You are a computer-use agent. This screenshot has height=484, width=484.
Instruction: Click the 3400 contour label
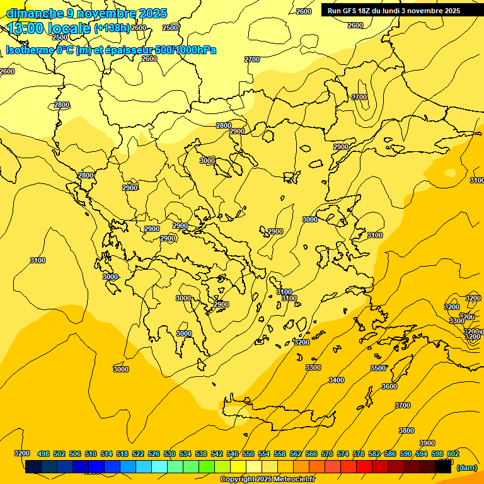click(x=337, y=380)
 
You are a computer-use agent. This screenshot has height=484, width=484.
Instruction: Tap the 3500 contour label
click(x=377, y=368)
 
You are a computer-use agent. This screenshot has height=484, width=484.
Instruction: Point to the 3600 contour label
click(x=389, y=386)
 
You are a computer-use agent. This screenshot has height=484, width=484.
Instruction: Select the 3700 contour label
click(x=402, y=405)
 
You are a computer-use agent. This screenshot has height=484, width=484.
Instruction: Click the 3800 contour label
click(x=406, y=430)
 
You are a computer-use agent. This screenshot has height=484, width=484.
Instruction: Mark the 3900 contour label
click(x=427, y=443)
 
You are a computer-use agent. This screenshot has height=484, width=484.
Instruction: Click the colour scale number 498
click(x=43, y=454)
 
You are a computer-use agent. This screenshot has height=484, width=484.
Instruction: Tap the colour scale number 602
click(x=453, y=454)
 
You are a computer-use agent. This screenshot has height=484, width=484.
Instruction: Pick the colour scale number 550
click(x=248, y=454)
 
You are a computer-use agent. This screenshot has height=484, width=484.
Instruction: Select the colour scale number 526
click(x=154, y=454)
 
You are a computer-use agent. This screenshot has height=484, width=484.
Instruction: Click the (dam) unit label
click(x=466, y=468)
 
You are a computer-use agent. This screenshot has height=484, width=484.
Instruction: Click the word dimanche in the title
click(x=35, y=13)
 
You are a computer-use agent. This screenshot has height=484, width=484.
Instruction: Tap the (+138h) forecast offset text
click(x=112, y=28)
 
